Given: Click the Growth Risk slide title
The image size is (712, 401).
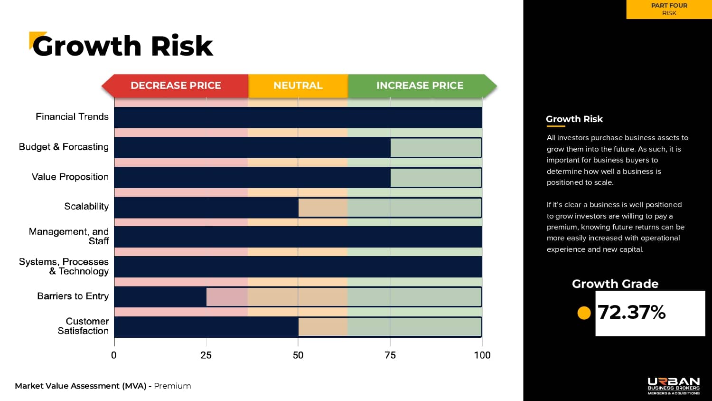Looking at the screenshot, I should [x=122, y=46].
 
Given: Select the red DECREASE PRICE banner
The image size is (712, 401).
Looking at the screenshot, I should [x=176, y=86].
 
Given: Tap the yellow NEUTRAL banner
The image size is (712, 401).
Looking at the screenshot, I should [x=298, y=86].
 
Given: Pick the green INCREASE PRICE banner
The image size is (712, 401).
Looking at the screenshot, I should [x=420, y=86].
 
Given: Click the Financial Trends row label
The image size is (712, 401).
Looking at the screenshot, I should [x=72, y=117].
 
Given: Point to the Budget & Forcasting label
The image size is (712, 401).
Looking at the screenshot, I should [x=64, y=147].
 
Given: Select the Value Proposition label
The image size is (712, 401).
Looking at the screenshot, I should [x=70, y=177].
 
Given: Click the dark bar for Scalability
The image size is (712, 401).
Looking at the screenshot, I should [x=206, y=208].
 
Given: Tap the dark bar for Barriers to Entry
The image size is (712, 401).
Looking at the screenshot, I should [x=160, y=297].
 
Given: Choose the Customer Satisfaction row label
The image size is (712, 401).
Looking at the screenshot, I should [x=84, y=326].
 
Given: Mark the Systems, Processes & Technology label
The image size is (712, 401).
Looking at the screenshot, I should [x=64, y=267].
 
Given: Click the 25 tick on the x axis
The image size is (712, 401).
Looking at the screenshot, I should [x=206, y=355].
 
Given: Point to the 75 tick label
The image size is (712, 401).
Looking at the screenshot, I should [x=390, y=355].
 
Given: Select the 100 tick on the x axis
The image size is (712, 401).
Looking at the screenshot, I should [x=482, y=355].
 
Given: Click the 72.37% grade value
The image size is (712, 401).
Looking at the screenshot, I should [x=632, y=312].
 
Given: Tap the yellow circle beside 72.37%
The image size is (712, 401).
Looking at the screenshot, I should [x=584, y=313].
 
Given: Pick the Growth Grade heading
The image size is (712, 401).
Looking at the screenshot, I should [x=615, y=284].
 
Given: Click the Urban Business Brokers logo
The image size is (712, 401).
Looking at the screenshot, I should [x=674, y=386].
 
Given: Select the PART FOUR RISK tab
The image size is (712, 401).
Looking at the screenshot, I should [x=669, y=9].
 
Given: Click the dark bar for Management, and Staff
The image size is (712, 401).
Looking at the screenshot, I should [x=298, y=237].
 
